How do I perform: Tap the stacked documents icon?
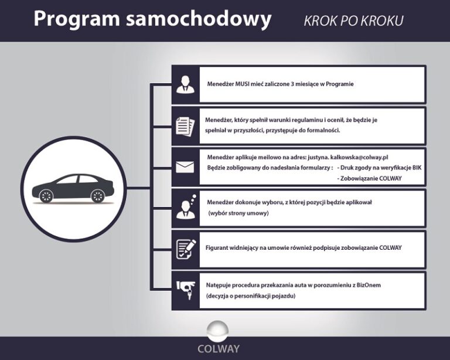coord(185,125)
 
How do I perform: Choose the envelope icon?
coord(185,167)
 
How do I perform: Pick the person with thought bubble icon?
coord(186,206)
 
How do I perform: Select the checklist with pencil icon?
coord(185,247)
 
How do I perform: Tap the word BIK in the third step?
coord(417,167)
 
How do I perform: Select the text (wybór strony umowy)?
coord(238,213)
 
